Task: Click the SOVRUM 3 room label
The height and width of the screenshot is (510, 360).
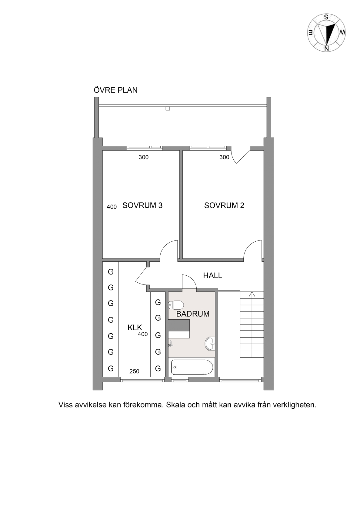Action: click(x=142, y=205)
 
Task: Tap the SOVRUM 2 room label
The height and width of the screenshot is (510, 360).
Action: click(x=224, y=205)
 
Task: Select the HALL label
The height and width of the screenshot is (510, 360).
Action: click(x=212, y=276)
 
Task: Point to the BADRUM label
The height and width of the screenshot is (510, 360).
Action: click(x=193, y=314)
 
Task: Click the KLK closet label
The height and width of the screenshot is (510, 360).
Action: click(x=135, y=328)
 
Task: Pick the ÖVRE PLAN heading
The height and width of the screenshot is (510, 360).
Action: click(x=116, y=90)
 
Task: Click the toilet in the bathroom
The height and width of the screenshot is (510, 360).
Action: click(x=176, y=305)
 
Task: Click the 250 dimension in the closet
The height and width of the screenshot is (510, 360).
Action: click(x=134, y=371)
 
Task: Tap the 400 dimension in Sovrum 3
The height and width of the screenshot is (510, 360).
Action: click(x=112, y=207)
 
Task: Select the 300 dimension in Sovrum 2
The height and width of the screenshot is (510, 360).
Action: click(x=224, y=157)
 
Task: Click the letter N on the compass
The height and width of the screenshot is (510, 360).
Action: click(x=327, y=49)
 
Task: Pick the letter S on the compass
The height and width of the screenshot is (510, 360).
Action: click(x=326, y=17)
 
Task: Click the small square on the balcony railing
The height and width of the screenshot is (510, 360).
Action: click(x=168, y=108)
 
